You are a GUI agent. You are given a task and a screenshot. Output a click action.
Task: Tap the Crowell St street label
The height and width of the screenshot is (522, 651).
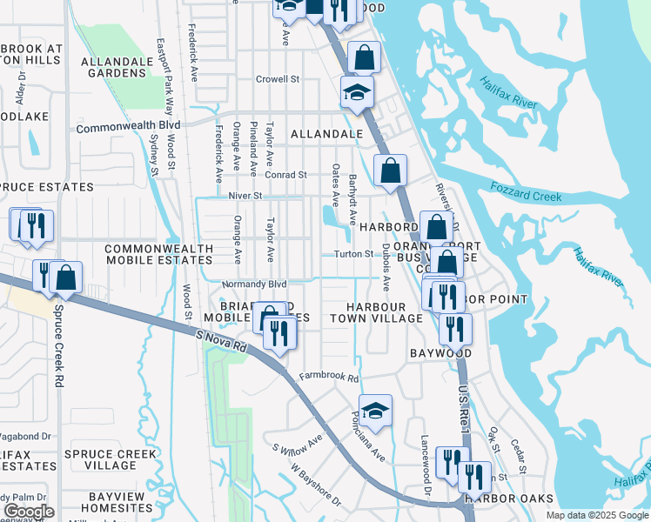coord(278,79)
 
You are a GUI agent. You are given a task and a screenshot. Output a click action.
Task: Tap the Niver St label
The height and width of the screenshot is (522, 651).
coord(245,197)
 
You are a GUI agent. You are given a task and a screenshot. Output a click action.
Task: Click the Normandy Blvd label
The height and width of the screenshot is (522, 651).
coord(254,284)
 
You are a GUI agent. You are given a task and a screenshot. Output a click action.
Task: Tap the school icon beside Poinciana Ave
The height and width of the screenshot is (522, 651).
coord(375,412)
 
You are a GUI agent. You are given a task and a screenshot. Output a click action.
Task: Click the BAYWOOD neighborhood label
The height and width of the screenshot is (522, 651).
coord(441,353)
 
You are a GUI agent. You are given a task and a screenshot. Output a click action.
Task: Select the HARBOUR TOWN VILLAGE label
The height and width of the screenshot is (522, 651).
coord(376,313)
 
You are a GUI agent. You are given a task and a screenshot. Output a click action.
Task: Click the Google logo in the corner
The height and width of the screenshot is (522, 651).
coord(29,512)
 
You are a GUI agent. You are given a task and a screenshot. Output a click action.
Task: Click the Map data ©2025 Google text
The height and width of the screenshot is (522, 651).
coord(596,515)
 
